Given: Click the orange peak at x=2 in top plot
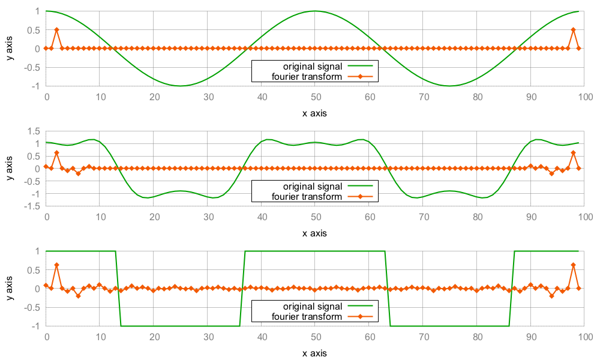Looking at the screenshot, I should coord(56,29).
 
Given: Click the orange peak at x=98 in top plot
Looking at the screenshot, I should coord(573,29).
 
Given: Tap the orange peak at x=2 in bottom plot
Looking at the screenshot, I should coord(56,265).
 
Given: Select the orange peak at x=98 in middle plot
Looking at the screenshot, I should coord(573,152).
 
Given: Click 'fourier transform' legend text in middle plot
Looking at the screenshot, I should coord(307,196).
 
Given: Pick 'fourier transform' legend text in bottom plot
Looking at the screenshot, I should coord(307,316).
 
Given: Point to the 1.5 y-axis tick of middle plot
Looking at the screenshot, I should coord(34,131).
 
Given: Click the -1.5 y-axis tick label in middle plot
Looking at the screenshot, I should coord(32,206).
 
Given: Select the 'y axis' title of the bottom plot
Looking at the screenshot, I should coord(10,288).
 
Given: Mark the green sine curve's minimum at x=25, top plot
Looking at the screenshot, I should coord(181,86).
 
